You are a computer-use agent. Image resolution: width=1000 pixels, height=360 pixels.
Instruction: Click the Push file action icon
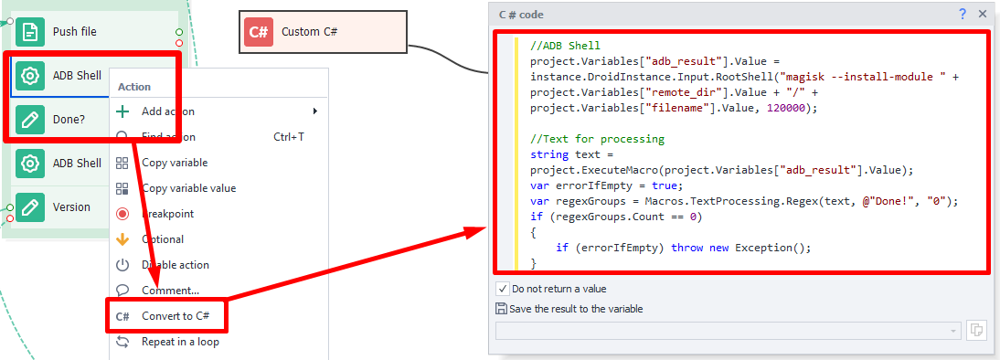pyautogui.click(x=30, y=32)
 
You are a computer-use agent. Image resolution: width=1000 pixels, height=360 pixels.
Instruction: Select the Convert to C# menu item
pyautogui.click(x=175, y=316)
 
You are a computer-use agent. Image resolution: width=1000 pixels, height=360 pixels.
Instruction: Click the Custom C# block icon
pyautogui.click(x=259, y=32)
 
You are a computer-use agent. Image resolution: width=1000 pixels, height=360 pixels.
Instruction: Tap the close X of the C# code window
pyautogui.click(x=983, y=14)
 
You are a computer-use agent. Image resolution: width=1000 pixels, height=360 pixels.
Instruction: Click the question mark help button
pyautogui.click(x=963, y=14)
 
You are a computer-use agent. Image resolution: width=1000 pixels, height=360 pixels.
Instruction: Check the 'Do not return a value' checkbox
pyautogui.click(x=502, y=289)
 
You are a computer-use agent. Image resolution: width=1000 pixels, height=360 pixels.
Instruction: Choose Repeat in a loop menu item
pyautogui.click(x=180, y=342)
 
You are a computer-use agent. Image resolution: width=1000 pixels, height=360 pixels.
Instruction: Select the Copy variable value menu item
pyautogui.click(x=188, y=188)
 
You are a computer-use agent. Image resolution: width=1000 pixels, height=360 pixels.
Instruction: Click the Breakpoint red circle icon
pyautogui.click(x=122, y=214)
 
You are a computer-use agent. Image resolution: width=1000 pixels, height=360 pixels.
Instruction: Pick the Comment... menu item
pyautogui.click(x=170, y=291)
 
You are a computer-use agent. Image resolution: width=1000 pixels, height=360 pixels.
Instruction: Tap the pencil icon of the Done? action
pyautogui.click(x=30, y=120)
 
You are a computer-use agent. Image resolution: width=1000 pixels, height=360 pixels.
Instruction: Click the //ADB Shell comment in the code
pyautogui.click(x=564, y=45)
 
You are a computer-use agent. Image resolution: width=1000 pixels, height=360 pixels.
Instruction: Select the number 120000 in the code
pyautogui.click(x=789, y=108)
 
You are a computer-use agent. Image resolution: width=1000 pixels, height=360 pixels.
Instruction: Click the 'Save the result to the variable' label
pyautogui.click(x=576, y=309)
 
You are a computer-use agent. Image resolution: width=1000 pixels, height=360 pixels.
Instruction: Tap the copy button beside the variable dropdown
pyautogui.click(x=976, y=330)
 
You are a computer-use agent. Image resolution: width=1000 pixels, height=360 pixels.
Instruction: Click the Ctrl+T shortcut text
pyautogui.click(x=289, y=137)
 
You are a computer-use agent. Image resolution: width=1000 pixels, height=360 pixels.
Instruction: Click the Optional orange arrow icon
pyautogui.click(x=122, y=239)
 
